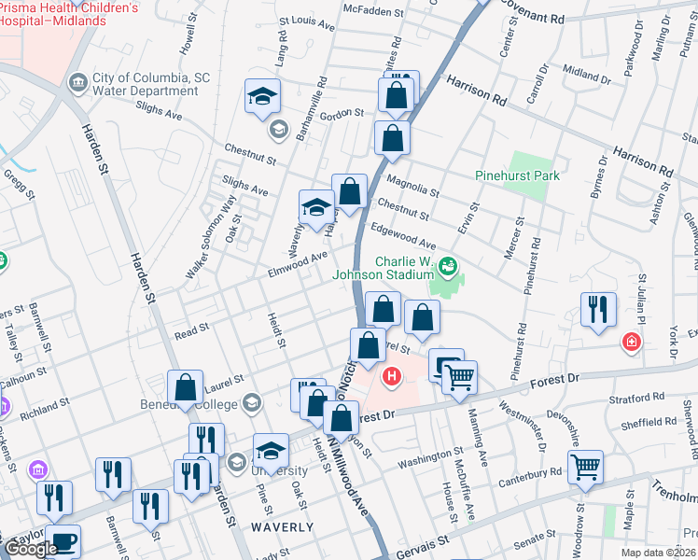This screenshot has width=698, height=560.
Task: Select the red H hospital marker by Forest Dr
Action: click(392, 378)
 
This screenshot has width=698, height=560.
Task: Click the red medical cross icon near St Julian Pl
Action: click(633, 343)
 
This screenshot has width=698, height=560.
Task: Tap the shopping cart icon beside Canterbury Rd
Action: click(585, 467)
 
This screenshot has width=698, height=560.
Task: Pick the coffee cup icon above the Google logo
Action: click(63, 541)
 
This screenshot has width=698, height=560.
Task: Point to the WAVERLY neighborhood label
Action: click(282, 526)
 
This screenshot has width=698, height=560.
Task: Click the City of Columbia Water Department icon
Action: click(77, 84)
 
